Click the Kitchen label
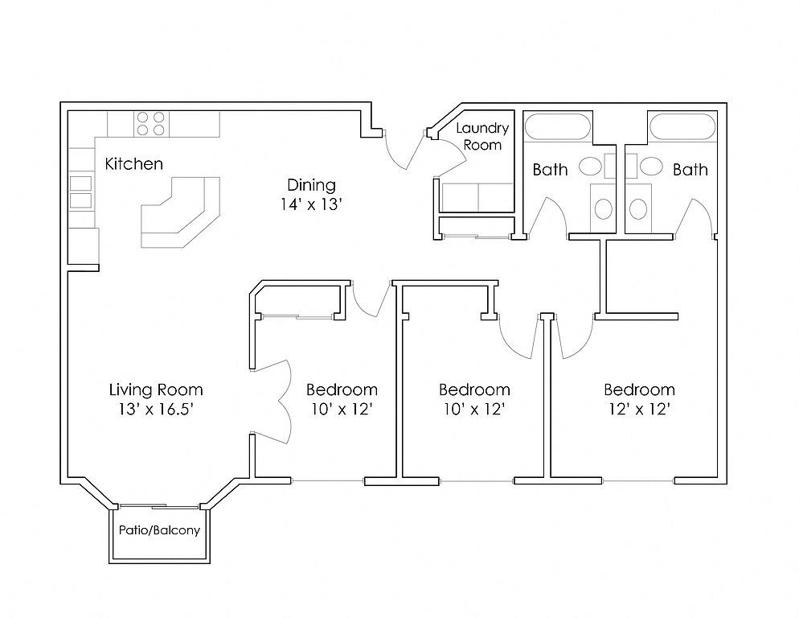tap(134, 164)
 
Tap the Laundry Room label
tap(482, 136)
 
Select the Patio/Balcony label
tap(159, 530)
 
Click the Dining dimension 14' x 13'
tap(311, 204)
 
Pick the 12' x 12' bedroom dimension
tap(640, 409)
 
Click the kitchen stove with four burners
tap(151, 124)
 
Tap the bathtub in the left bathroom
tap(558, 126)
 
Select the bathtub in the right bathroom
tap(682, 126)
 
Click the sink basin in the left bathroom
tap(591, 167)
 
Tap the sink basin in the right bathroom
tap(651, 167)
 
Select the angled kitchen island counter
tap(180, 212)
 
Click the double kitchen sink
tap(80, 192)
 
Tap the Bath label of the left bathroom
tap(550, 170)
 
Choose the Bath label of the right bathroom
tap(690, 170)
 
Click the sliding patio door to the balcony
tap(159, 507)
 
